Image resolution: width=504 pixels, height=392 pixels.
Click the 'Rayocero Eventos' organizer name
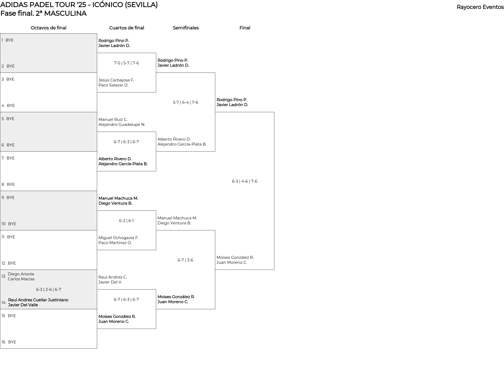[480, 7]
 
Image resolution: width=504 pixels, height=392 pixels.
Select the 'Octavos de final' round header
[49, 28]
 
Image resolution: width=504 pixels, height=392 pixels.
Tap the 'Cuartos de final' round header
[127, 28]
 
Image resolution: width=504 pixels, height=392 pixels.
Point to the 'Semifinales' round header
[186, 28]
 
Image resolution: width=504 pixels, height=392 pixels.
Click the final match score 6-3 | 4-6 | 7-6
[245, 181]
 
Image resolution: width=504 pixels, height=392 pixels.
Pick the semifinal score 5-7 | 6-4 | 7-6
[186, 102]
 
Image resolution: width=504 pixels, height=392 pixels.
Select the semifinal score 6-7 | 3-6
[185, 260]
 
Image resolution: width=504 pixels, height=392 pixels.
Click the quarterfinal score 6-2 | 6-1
[127, 221]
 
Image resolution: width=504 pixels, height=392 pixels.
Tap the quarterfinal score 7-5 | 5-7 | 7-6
[127, 63]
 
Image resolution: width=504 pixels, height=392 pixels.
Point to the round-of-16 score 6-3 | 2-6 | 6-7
[49, 290]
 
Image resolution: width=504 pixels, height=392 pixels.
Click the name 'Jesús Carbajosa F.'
[116, 80]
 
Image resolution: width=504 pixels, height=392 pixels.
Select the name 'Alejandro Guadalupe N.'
[122, 125]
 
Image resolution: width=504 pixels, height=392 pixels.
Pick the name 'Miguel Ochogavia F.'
[118, 238]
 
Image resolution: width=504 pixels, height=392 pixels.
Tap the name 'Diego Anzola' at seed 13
[21, 274]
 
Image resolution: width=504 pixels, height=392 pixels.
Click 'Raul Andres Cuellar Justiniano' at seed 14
[38, 300]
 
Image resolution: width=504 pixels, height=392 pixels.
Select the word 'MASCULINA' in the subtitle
[65, 13]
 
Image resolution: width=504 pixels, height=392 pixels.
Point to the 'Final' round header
[245, 28]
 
